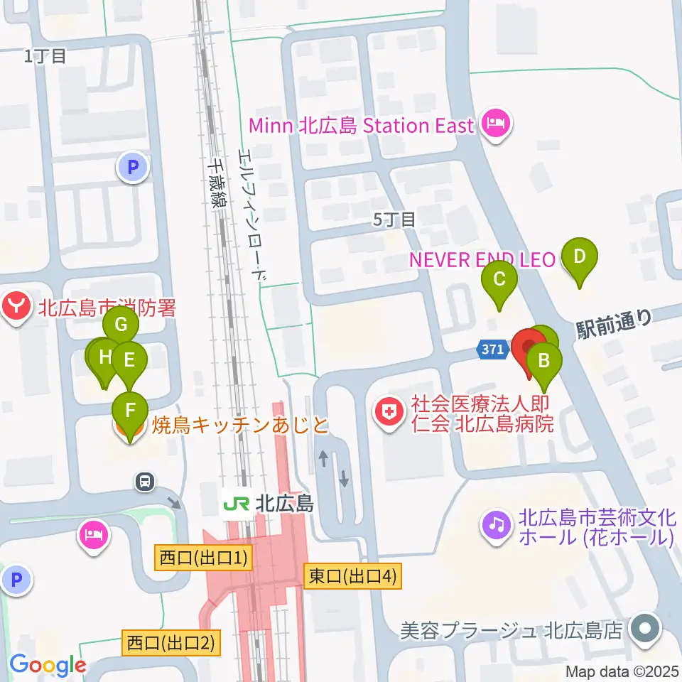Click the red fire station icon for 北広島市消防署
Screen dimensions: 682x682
(x=16, y=308)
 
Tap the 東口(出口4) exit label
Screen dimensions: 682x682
(x=352, y=576)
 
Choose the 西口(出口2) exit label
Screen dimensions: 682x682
(x=170, y=644)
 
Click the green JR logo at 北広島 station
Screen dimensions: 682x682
(x=235, y=504)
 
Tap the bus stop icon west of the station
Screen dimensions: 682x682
(x=145, y=482)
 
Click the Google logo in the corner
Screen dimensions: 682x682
(x=48, y=666)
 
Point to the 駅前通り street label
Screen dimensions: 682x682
(x=614, y=322)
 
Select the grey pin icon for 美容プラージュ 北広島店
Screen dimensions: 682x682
(x=645, y=629)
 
